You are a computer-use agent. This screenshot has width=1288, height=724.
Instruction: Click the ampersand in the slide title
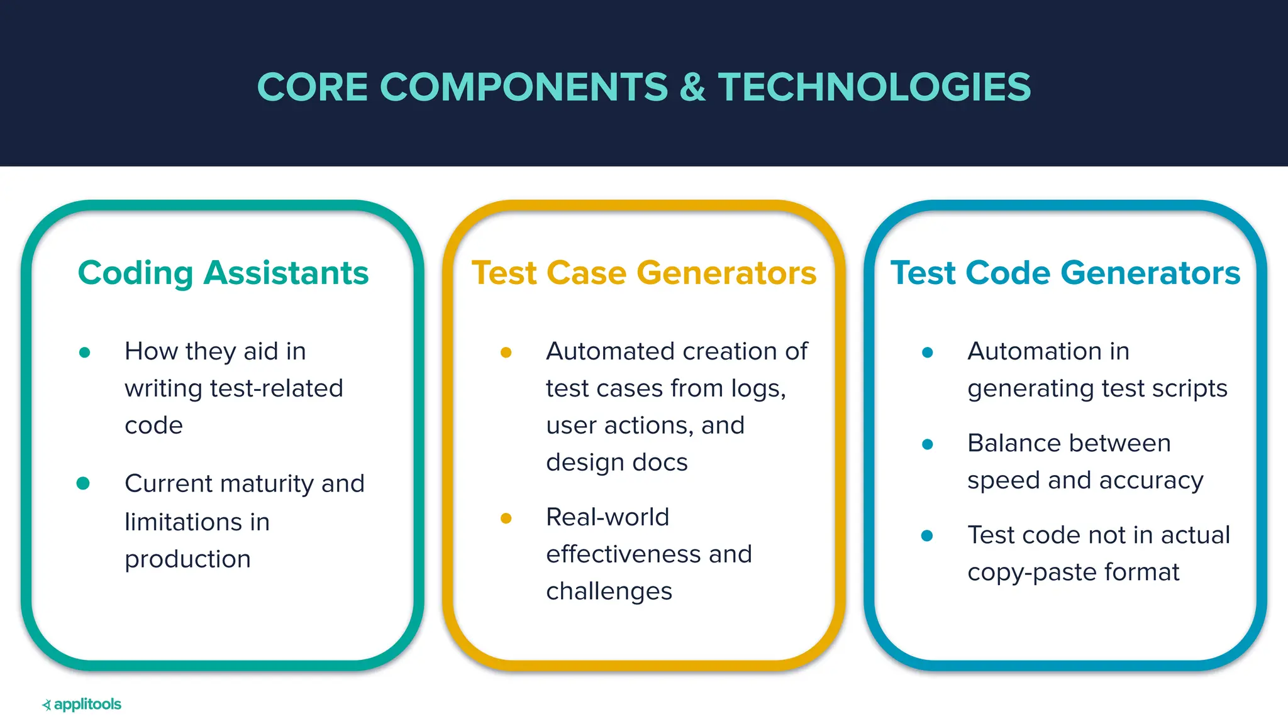pos(692,87)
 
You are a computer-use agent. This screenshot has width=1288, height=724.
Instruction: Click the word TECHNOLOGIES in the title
pos(874,87)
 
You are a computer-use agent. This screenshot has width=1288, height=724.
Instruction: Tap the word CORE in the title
pos(313,87)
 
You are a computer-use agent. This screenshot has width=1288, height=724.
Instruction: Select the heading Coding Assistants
pos(223,273)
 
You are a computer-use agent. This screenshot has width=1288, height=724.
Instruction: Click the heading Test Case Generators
pos(644,273)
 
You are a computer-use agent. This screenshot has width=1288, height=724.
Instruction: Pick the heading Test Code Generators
pos(1065,273)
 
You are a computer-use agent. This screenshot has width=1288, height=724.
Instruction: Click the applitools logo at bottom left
pos(82,705)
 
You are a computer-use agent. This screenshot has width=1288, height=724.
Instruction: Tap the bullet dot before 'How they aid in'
pos(85,353)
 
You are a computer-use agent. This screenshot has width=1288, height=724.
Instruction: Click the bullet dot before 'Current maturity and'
pos(83,483)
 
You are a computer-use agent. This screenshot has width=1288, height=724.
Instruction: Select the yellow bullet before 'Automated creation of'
pos(506,353)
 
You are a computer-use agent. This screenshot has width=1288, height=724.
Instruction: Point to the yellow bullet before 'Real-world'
pos(506,518)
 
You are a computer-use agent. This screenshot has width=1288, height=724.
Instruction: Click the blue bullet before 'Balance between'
pos(927,445)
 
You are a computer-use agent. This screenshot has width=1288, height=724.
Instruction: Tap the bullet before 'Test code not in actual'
pos(927,536)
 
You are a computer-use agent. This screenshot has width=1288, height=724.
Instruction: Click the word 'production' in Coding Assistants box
pos(187,559)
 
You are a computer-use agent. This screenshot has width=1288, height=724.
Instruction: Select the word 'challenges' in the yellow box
pos(609,591)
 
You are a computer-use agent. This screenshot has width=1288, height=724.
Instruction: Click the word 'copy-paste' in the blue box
pos(1031,573)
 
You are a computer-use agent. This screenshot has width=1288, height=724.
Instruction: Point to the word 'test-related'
pos(277,388)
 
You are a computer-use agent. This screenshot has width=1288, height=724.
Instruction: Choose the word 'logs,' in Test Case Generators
pos(758,388)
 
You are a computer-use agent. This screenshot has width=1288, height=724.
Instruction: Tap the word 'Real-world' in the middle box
pos(608,517)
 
